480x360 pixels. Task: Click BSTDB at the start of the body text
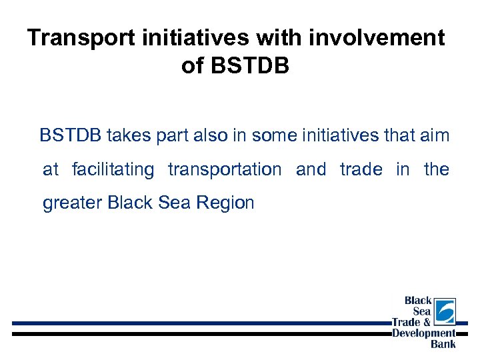(x=70, y=136)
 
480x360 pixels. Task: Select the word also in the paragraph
(x=209, y=136)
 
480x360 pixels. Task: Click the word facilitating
(x=113, y=170)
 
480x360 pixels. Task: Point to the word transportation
(x=225, y=170)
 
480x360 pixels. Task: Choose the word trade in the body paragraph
(x=361, y=169)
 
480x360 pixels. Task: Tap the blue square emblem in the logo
(x=445, y=311)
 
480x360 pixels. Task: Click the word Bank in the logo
(x=443, y=344)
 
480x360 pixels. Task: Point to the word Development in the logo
(x=424, y=333)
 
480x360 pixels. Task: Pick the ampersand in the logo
(x=427, y=323)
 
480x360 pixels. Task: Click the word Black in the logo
(x=419, y=301)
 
